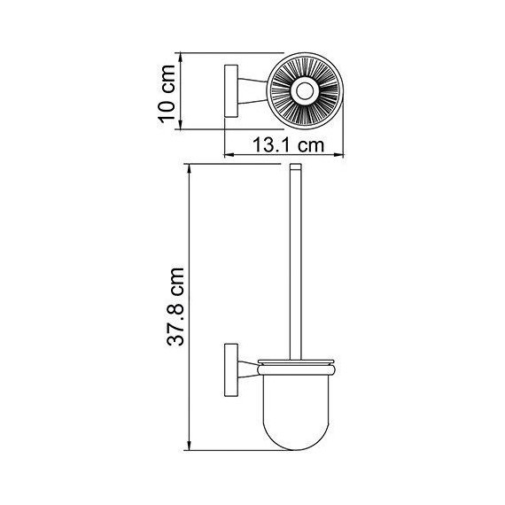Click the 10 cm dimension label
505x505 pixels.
tap(167, 94)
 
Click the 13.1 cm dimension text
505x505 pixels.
tap(289, 145)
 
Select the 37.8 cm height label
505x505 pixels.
tap(175, 307)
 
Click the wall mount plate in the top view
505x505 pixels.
tap(231, 91)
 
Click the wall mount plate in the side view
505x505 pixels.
tap(231, 369)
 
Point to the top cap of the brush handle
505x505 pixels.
tap(296, 167)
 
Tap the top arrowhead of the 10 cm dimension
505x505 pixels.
tap(181, 58)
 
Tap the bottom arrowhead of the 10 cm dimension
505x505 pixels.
tap(181, 124)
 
